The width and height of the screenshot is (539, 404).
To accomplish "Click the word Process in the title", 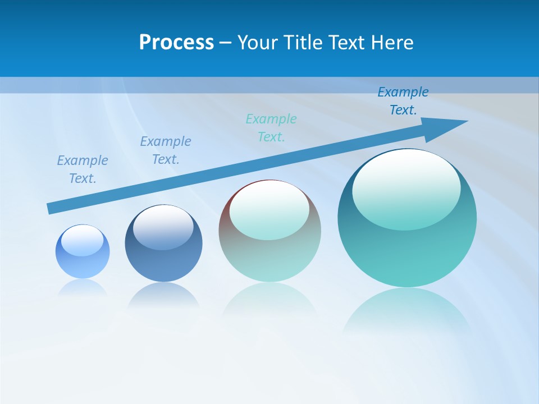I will point(176,43).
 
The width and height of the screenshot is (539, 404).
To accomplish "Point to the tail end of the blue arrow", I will point(52,208).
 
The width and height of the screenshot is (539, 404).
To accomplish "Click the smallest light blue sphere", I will point(83,264).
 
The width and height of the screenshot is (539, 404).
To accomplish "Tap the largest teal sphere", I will point(407,252).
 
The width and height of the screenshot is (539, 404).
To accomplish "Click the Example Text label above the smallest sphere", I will point(83,169).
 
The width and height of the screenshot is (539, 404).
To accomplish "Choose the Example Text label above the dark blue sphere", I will point(166,150).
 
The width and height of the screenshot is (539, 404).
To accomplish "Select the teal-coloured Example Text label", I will point(271,127).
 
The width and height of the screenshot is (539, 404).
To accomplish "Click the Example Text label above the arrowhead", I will point(403,101).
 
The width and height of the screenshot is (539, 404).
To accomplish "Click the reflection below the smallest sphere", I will point(83,287).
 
